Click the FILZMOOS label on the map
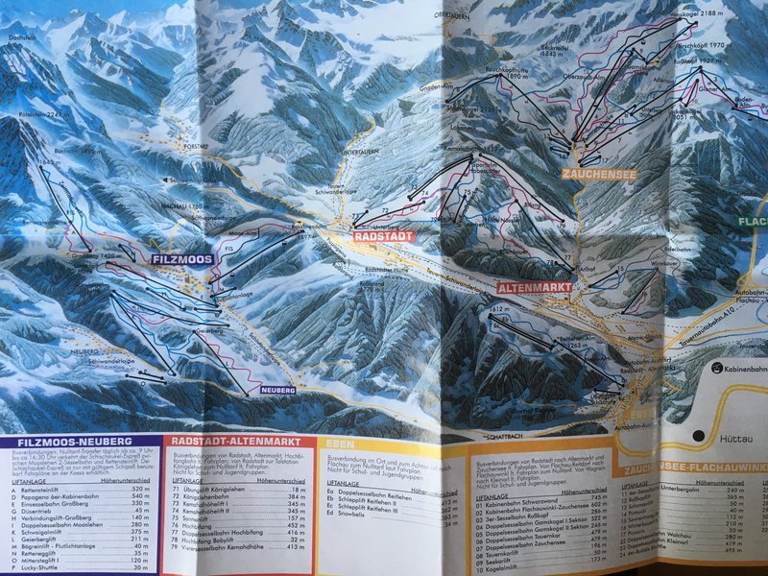pos(180,259)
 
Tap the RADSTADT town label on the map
pos(383,235)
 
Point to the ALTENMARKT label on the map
pos(535,287)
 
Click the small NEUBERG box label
pos(276,390)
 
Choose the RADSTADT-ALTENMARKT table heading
pos(228,442)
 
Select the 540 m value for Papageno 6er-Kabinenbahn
pos(138,495)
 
